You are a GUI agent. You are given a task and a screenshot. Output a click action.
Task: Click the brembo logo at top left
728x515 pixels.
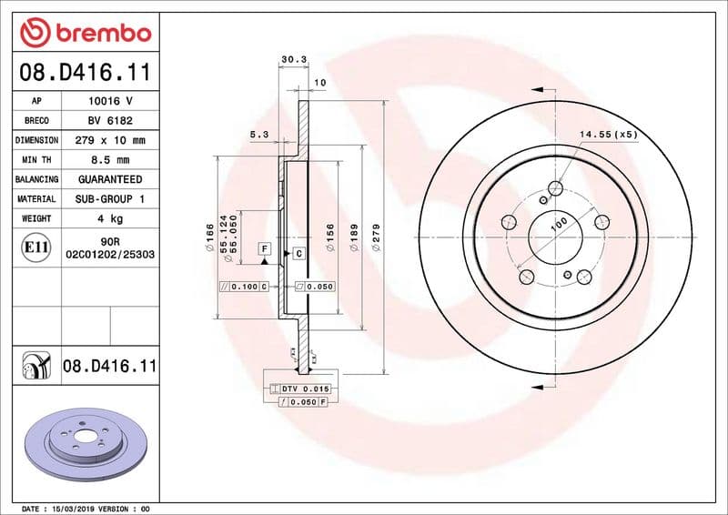coord(85,32)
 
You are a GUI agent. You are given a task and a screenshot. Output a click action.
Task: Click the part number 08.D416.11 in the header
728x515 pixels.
coord(85,71)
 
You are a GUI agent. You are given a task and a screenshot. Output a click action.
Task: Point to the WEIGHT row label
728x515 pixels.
coord(36,218)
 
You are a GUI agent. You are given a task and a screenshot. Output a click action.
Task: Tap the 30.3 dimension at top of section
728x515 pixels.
coord(293,60)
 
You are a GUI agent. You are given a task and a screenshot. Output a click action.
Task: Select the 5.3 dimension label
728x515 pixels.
coord(258,135)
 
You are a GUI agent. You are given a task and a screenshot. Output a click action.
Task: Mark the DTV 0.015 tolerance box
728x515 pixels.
coord(306,389)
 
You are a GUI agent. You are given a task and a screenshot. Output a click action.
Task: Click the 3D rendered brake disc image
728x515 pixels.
coord(86,439)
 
